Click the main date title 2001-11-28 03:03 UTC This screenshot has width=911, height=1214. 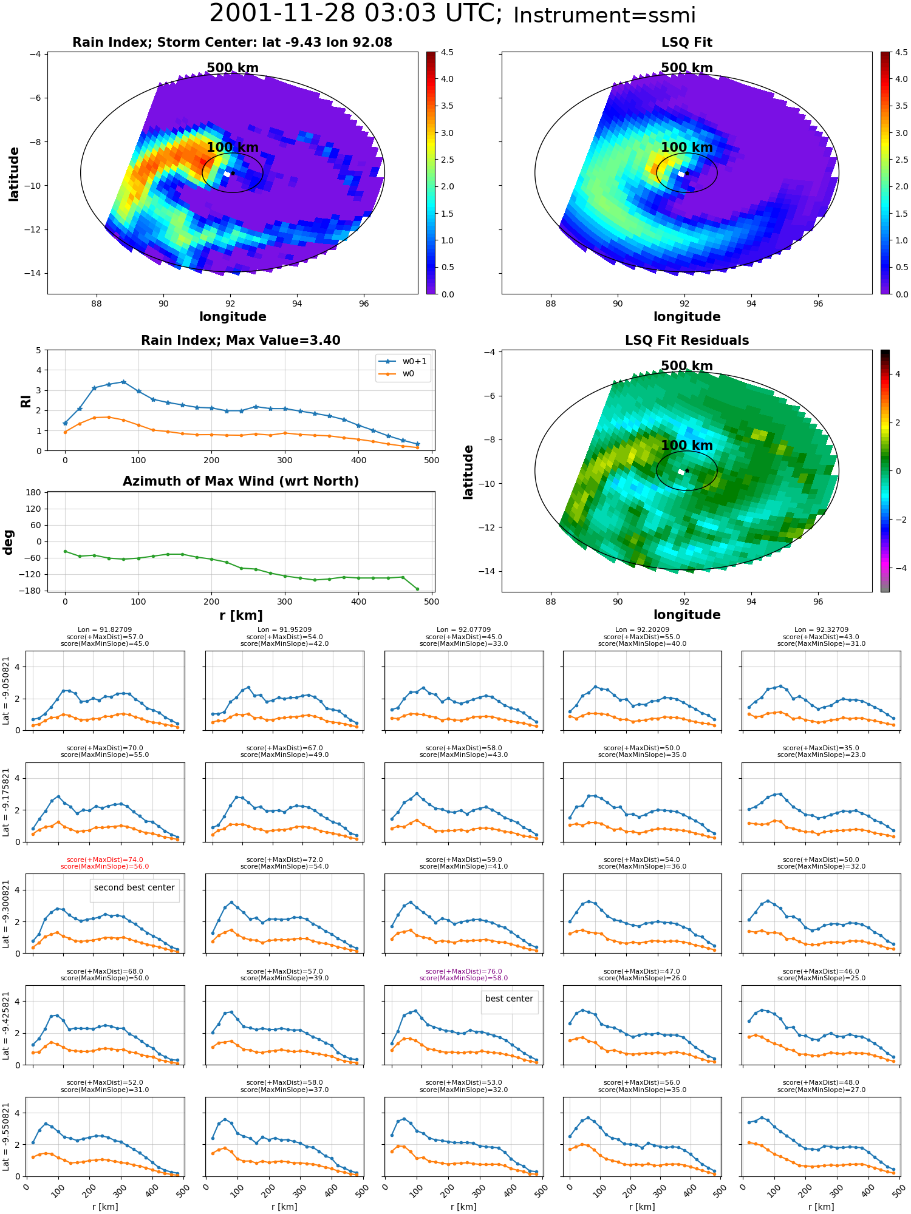(356, 14)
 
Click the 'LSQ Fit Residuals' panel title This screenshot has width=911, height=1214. (687, 341)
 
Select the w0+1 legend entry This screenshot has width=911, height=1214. (403, 362)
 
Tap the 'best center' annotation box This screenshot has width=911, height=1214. (509, 999)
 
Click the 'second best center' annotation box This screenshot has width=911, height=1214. (134, 887)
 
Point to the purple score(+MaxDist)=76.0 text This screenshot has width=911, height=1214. (463, 971)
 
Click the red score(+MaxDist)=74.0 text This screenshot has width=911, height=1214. (104, 860)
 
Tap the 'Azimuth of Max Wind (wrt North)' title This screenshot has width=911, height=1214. (241, 481)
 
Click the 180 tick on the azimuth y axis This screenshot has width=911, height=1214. (33, 492)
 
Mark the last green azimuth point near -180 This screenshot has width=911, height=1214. (417, 589)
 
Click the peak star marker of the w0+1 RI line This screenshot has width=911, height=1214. (124, 382)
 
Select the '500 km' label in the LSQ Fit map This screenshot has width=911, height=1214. (687, 68)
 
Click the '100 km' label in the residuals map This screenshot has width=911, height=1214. (687, 446)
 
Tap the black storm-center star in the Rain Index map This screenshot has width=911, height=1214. (233, 173)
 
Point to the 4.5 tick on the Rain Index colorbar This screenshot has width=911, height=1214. (447, 52)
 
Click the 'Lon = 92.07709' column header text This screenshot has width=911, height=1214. (463, 630)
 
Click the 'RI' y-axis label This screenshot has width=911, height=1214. (26, 401)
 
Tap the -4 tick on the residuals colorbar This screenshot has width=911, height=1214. (896, 568)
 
